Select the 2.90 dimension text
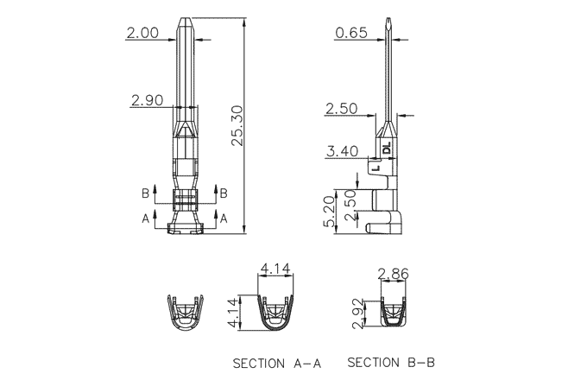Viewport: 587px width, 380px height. coord(147,101)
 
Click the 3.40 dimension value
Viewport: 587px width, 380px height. coord(341,152)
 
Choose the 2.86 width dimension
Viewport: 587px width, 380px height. coord(393,274)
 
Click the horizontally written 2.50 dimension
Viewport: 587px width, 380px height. coord(341,109)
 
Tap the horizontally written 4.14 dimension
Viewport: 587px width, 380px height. coord(275,269)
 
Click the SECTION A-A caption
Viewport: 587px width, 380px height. coord(276,364)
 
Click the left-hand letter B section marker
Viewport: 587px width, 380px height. coord(146,192)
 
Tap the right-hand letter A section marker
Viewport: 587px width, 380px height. coord(223,219)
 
